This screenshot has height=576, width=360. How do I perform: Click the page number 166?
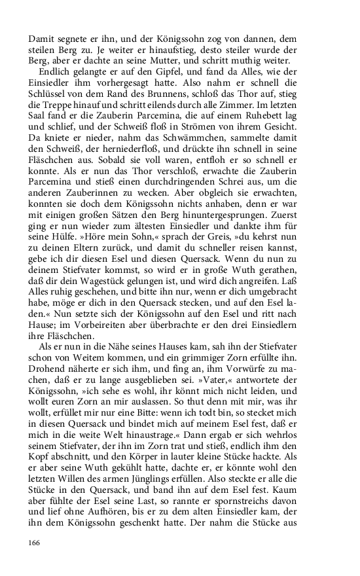point(35,543)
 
